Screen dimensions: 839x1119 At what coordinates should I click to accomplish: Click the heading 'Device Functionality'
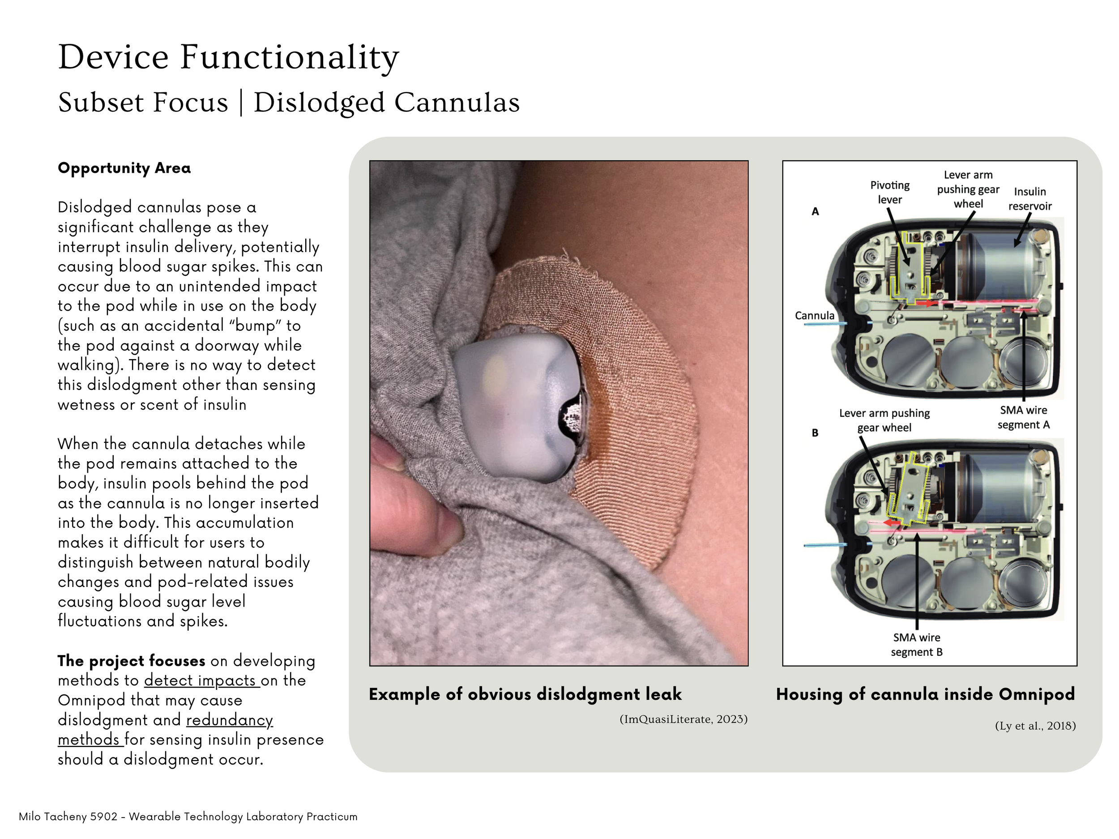coord(229,57)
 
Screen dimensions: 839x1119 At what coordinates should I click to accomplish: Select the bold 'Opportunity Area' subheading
coord(124,168)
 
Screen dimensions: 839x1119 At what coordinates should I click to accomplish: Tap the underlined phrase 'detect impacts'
coord(201,681)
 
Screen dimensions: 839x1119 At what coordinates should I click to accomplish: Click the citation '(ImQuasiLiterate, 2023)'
coord(683,719)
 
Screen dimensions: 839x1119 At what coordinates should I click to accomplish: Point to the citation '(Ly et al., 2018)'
coord(1035,726)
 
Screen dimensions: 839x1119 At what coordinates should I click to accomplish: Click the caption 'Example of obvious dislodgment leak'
coord(525,694)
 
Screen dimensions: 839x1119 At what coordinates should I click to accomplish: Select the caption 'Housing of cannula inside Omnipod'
coord(925,694)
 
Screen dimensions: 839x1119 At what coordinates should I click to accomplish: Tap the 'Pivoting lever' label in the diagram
coord(889,193)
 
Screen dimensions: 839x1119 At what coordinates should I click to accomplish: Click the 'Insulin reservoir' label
coord(1029,199)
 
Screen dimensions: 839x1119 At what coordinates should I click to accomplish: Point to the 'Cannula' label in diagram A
coord(815,316)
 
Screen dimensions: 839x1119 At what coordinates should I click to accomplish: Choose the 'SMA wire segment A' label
coord(1023,417)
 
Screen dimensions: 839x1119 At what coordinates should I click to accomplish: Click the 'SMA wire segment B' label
coord(916,645)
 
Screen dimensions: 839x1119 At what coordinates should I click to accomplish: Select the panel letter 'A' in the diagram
coord(815,211)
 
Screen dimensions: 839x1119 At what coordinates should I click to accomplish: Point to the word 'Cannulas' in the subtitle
coord(457,103)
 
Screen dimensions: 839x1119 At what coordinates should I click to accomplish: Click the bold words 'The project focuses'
coord(131,661)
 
